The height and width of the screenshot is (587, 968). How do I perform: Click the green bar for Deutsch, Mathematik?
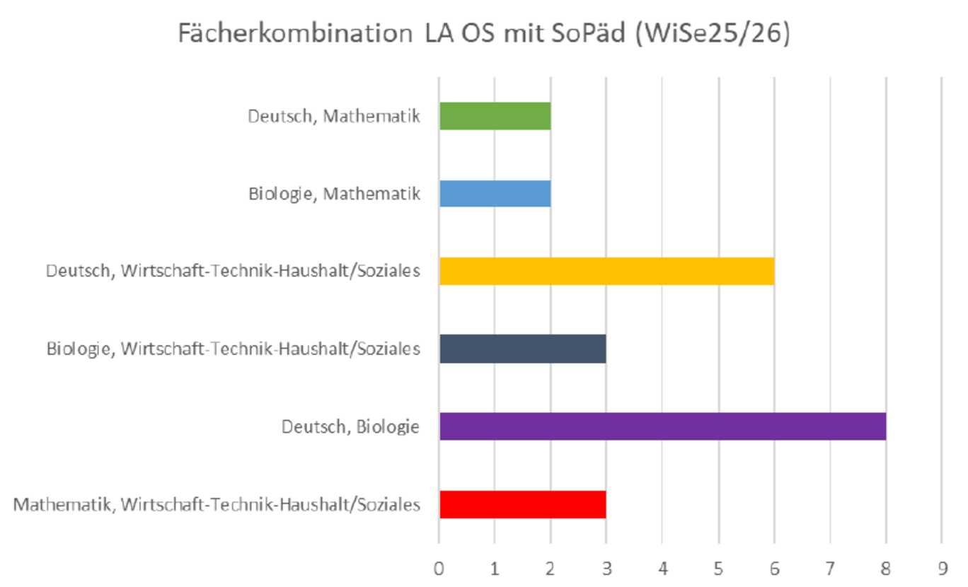[495, 116]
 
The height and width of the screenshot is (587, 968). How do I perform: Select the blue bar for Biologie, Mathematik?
[495, 194]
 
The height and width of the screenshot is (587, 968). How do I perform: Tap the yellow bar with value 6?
[606, 271]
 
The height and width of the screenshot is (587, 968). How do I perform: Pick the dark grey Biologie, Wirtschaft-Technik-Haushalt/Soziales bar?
[522, 349]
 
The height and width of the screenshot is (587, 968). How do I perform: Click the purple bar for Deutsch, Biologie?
[662, 426]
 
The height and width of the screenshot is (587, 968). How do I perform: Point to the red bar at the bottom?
[522, 504]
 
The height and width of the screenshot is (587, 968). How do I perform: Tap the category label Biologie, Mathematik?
[334, 194]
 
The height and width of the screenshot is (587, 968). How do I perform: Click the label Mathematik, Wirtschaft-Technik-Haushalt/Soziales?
[217, 504]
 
